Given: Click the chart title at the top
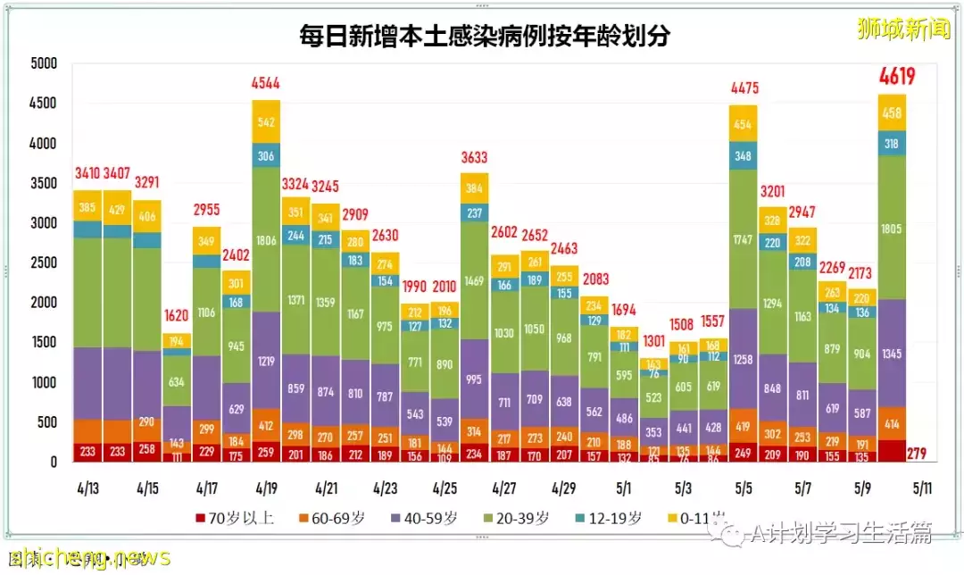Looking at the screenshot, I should pos(485,36).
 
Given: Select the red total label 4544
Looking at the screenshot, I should pos(266,83).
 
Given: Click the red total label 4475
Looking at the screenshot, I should pos(743,87).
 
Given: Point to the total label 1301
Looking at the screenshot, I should pos(653,341).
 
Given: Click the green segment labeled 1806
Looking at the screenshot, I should pos(266,240).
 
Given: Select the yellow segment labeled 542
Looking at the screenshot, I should pos(266,121).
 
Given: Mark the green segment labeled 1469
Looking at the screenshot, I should pos(475,280).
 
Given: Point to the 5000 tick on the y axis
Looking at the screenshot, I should pos(43,64).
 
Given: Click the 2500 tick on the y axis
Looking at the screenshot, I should pos(43,263).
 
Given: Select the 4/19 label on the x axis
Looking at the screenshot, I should pos(266,488).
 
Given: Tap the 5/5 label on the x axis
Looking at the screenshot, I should pos(743,488).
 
